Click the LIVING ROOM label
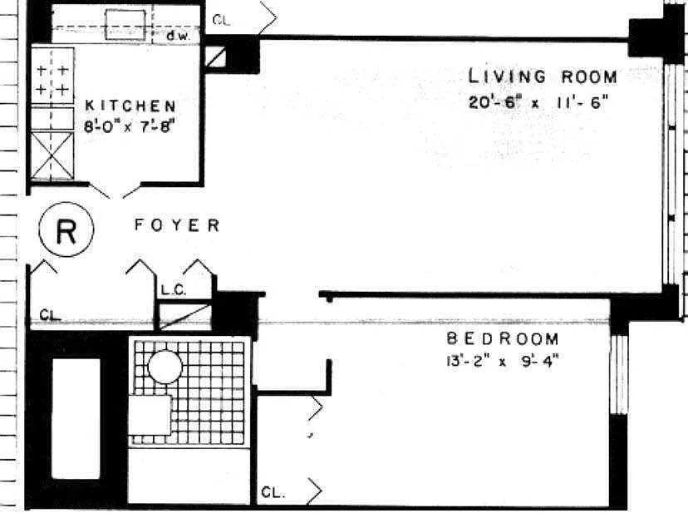[543, 77]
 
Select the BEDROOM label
[503, 339]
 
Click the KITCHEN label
[130, 106]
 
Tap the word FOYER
[178, 225]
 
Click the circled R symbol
[66, 230]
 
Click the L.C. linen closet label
[173, 290]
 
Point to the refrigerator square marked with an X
[52, 155]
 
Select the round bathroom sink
[165, 366]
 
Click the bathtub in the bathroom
[76, 417]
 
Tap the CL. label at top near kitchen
[221, 20]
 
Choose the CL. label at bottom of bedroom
[273, 492]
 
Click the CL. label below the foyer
[51, 314]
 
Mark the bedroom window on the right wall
[617, 374]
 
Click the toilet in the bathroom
[150, 414]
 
